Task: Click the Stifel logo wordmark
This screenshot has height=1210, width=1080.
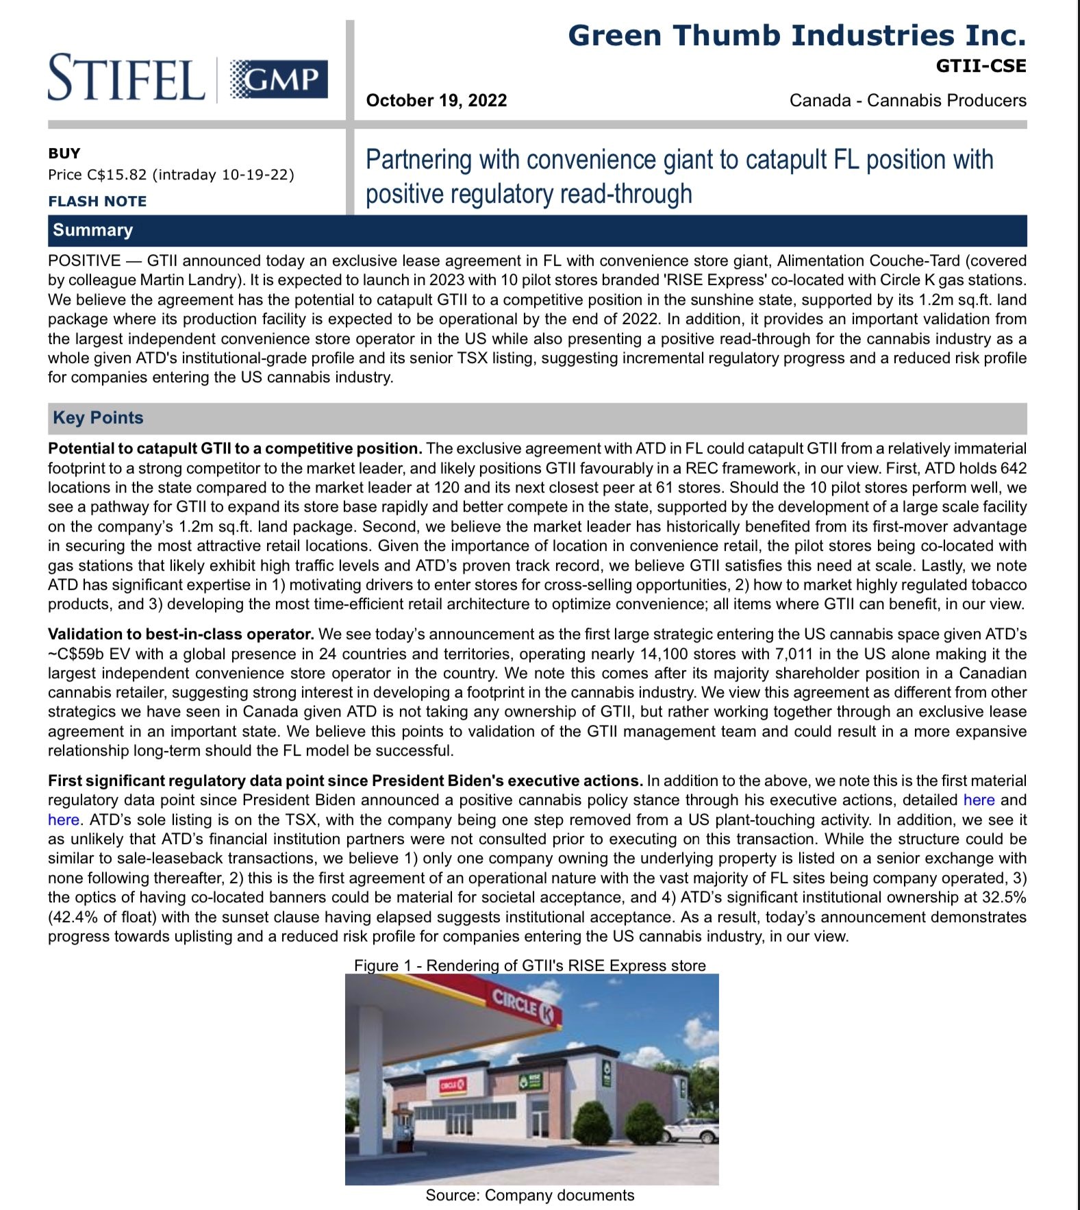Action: [x=126, y=77]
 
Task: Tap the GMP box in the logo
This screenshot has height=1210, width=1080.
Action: [x=278, y=79]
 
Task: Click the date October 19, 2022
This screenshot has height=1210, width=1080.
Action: [x=436, y=101]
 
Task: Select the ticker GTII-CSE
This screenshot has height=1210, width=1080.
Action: [x=981, y=66]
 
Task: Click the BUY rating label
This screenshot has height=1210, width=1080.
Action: [x=64, y=153]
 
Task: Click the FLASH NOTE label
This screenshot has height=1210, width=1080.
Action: [x=97, y=201]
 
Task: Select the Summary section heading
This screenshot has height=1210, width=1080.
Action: [x=92, y=230]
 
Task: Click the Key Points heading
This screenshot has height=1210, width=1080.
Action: [x=98, y=418]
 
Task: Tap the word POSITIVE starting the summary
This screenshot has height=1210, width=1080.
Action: [x=84, y=261]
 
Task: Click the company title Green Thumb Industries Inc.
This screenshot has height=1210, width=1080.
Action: [x=796, y=36]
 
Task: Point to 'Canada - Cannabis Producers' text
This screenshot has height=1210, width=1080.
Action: [x=907, y=101]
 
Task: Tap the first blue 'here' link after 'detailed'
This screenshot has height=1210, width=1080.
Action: [x=978, y=800]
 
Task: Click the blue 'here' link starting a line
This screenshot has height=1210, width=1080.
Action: [x=63, y=820]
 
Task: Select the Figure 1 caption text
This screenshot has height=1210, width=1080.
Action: [x=529, y=965]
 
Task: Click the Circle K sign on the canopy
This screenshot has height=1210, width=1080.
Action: [x=525, y=1007]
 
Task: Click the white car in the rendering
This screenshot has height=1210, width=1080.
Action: [x=689, y=1131]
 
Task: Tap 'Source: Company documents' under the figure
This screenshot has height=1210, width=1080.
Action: [x=529, y=1196]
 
